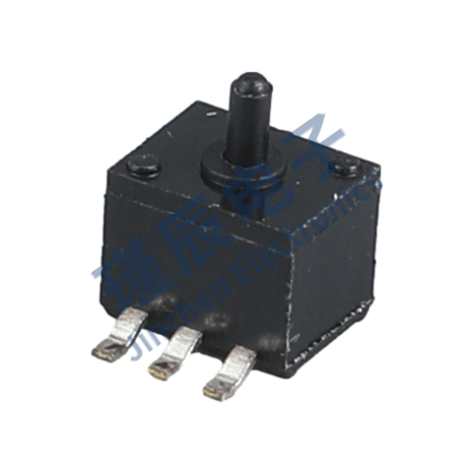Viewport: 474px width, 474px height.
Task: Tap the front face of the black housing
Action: click(190, 256)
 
